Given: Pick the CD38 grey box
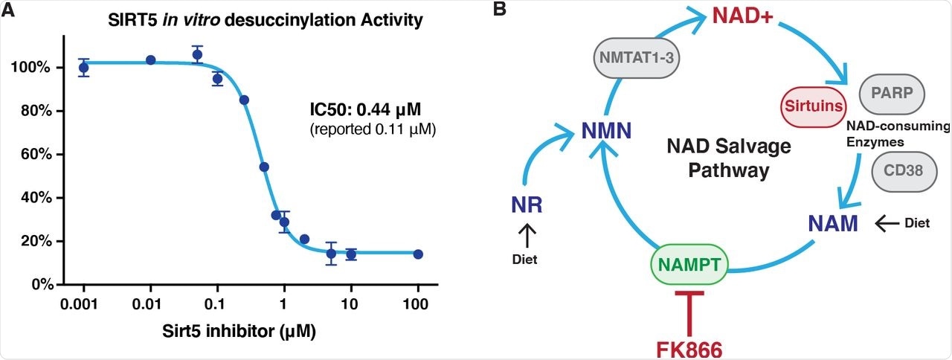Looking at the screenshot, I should [904, 170].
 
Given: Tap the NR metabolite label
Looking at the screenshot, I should [526, 205].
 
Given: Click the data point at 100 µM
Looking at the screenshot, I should [418, 254].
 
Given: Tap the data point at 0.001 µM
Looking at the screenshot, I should [84, 68].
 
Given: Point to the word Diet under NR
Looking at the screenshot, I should [526, 260].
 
